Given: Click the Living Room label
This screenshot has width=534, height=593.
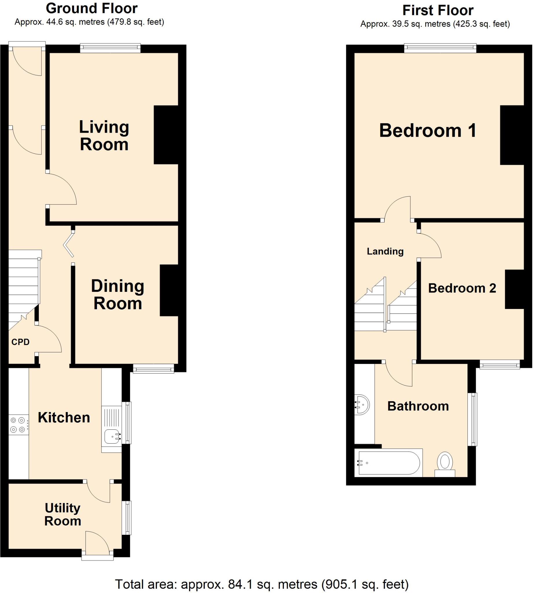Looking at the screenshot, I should pos(104,136).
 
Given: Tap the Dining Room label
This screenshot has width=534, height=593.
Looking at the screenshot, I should pos(118,294).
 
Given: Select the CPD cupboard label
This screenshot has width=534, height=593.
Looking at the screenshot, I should pos(21,342).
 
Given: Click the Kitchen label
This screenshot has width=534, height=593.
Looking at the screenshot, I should pos(64,418).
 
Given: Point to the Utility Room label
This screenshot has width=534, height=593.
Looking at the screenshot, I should pos(63,514).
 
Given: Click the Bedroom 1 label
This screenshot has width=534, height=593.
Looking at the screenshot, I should pos(427,130).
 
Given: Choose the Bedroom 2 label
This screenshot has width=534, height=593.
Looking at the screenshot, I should pos(462,288).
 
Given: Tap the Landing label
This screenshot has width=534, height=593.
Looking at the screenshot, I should pos(385,251).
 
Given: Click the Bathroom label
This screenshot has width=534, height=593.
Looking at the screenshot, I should pos(418,406).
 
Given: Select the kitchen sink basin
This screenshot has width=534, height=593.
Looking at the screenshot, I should pos(112,437).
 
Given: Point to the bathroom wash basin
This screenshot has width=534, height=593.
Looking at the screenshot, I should pos(362,405).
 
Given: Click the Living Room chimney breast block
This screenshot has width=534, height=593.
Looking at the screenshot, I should pos(166,134).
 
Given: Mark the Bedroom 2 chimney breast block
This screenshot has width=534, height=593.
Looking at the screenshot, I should pos(514,289).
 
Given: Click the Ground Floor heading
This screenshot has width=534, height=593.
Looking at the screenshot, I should pos(91,8).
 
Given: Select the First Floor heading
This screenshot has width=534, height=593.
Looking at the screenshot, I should pos(437,10).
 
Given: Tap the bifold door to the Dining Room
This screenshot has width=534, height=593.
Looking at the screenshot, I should pos(69,244).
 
